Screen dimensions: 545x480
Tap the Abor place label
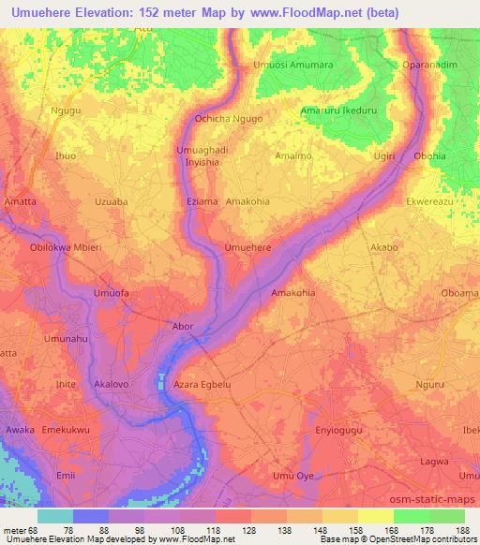point(183,326)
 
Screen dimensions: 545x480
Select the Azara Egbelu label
point(202,384)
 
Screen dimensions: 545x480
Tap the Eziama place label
point(202,200)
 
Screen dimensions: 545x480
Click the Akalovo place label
point(116,384)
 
